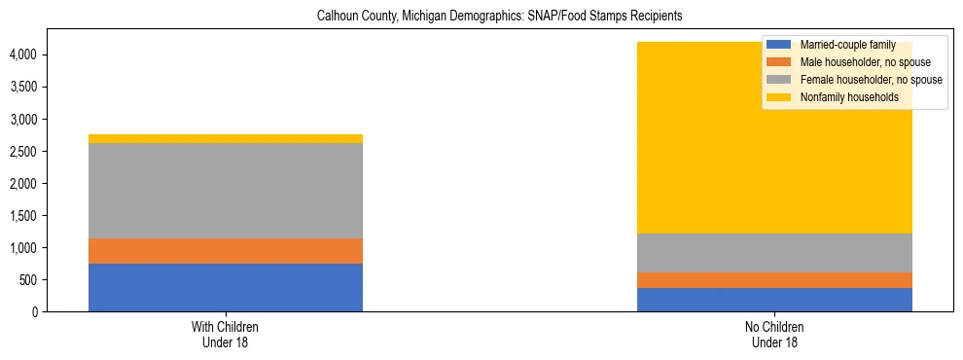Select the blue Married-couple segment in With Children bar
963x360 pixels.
[x=226, y=287]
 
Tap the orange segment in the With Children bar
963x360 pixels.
[x=226, y=251]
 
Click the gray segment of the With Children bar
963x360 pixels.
[x=226, y=191]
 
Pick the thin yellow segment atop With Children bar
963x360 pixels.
[x=226, y=138]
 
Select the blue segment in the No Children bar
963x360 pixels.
[x=774, y=300]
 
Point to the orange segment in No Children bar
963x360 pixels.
[x=774, y=280]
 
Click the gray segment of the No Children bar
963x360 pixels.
[x=774, y=253]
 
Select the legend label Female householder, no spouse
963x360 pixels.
[x=871, y=80]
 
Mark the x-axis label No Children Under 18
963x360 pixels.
[x=774, y=334]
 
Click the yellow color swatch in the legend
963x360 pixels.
[x=779, y=97]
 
